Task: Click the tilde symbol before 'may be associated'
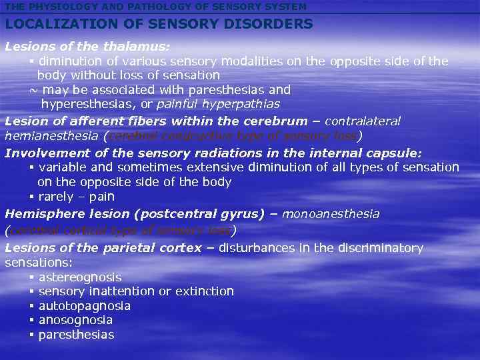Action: [33, 89]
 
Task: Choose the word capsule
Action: [395, 153]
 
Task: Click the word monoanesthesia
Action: [331, 214]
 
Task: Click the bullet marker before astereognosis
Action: [31, 277]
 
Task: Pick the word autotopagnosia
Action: [85, 306]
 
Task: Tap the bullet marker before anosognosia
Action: [31, 320]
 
